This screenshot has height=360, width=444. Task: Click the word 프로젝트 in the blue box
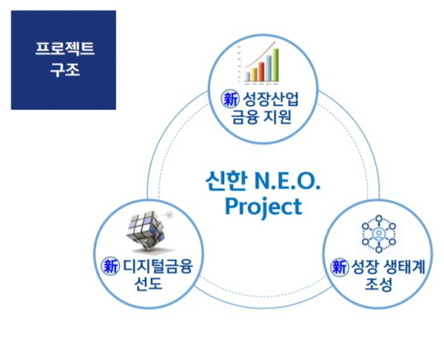pyautogui.click(x=64, y=48)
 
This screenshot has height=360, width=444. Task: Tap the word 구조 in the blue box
pyautogui.click(x=65, y=70)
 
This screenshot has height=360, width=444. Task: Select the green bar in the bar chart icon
pyautogui.click(x=275, y=64)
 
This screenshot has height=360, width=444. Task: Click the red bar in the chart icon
pyautogui.click(x=261, y=71)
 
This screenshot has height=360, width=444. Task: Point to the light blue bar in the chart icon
pyautogui.click(x=268, y=68)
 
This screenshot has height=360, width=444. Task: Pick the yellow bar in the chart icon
pyautogui.click(x=255, y=74)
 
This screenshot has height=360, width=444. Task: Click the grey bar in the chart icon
pyautogui.click(x=247, y=76)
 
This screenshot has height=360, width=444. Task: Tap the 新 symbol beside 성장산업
pyautogui.click(x=229, y=99)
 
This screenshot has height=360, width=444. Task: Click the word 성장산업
pyautogui.click(x=270, y=99)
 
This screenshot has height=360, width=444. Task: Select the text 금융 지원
pyautogui.click(x=261, y=117)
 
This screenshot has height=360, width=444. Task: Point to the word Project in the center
pyautogui.click(x=263, y=207)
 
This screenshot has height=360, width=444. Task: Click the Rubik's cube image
pyautogui.click(x=149, y=231)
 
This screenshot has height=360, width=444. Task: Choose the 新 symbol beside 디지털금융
pyautogui.click(x=110, y=266)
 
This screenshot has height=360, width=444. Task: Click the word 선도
pyautogui.click(x=149, y=283)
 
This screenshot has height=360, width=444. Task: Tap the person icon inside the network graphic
pyautogui.click(x=379, y=234)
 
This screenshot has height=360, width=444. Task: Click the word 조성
pyautogui.click(x=378, y=284)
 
